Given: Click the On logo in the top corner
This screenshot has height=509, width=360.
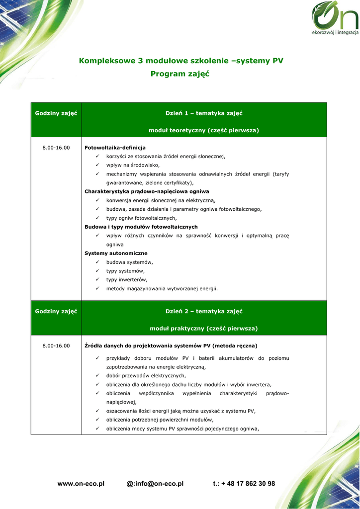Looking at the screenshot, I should [334, 20].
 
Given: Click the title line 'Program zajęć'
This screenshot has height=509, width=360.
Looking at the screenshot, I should [180, 74].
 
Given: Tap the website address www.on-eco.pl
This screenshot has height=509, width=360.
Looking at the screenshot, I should [81, 484].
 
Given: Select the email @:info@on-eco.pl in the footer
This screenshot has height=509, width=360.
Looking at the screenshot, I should [155, 484].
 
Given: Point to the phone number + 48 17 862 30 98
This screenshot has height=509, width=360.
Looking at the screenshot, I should [244, 484].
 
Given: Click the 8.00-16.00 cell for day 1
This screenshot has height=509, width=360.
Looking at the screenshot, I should [56, 148].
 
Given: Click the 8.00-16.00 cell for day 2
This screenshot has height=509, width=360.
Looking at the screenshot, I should [56, 345].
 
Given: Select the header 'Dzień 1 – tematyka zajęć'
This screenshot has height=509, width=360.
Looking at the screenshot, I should [204, 113].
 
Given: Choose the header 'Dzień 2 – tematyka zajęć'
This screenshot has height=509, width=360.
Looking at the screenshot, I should [204, 311].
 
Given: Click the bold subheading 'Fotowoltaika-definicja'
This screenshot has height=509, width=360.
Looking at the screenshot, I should [115, 148].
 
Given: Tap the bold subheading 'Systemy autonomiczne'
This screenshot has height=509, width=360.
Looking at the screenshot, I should [116, 253].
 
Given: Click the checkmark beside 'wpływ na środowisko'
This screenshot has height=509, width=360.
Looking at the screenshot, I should [98, 165].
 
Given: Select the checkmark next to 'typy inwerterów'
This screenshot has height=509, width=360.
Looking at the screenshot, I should [98, 279].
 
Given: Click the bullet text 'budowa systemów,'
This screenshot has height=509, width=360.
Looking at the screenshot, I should [129, 262].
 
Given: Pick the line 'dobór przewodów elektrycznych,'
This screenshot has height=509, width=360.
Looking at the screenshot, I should [146, 376].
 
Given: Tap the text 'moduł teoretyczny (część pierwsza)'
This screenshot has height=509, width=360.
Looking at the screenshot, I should [204, 130].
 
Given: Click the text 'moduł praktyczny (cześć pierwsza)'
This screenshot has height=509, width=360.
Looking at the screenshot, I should [204, 329].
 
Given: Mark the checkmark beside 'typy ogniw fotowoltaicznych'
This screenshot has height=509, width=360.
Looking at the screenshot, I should [98, 218].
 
